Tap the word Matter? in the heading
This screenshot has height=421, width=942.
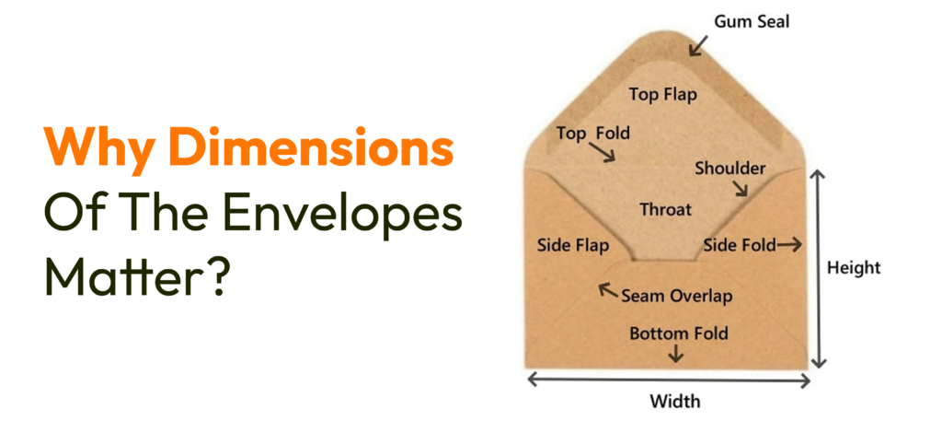click(x=135, y=275)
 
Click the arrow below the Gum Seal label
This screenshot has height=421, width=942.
click(x=701, y=43)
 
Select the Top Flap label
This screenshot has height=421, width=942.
click(x=662, y=94)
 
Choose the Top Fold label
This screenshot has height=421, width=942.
click(x=593, y=134)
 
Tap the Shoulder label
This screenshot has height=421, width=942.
click(x=730, y=169)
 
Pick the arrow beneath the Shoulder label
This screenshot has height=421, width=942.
click(x=741, y=190)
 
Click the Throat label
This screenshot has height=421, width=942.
click(x=665, y=210)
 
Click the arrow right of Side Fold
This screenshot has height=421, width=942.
click(x=788, y=245)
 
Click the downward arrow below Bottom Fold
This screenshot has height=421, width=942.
click(x=678, y=353)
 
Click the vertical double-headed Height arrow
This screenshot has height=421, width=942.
click(x=818, y=268)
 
